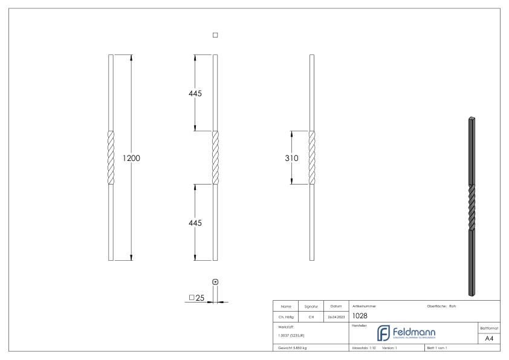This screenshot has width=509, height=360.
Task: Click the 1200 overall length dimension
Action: click(x=131, y=158)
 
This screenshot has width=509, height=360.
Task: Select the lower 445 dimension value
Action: click(x=194, y=223)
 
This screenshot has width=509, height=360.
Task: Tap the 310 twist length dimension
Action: click(x=292, y=158)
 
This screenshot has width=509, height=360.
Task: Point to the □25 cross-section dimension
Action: click(x=196, y=298)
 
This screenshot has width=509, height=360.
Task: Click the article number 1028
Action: click(x=359, y=315)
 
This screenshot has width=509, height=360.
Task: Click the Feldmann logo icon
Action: click(x=384, y=333)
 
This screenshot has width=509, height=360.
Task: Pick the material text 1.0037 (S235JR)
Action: click(x=291, y=335)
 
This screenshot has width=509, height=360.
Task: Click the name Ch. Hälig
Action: click(x=286, y=316)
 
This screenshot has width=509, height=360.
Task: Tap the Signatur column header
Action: click(x=311, y=306)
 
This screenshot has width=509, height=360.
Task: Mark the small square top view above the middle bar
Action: click(x=215, y=35)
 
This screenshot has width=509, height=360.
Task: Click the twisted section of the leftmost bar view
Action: click(x=111, y=158)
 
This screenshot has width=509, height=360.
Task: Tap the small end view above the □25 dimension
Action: click(x=215, y=281)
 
